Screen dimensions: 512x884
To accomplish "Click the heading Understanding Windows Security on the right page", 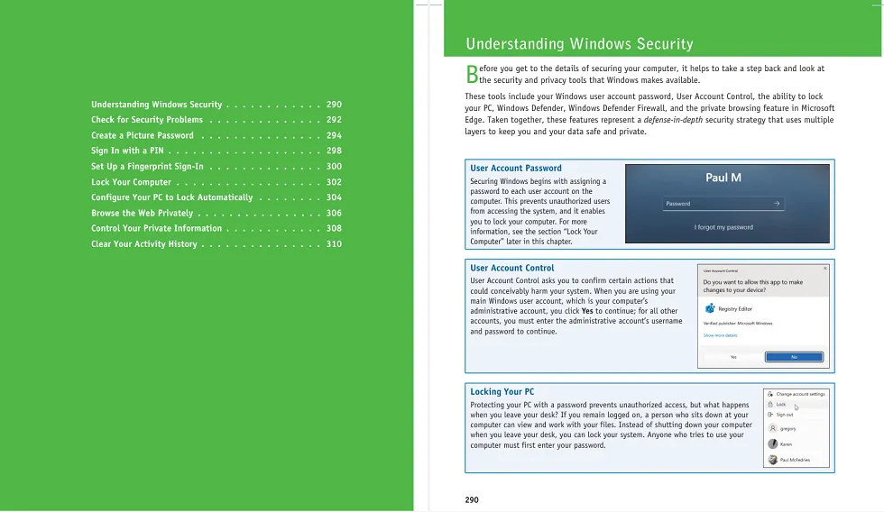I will (579, 43).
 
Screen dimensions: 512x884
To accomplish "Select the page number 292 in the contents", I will (334, 120).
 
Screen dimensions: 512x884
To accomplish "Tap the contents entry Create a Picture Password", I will (143, 135).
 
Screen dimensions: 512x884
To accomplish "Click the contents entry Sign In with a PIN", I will (127, 151).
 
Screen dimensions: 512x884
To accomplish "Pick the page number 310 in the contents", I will (334, 244).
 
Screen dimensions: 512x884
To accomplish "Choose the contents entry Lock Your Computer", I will (131, 182).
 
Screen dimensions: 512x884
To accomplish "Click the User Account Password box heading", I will (516, 168).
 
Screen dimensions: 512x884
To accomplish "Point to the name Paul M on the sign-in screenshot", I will (723, 178).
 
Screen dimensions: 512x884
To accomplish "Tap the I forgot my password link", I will (723, 227).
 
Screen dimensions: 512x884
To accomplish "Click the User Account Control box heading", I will (512, 268).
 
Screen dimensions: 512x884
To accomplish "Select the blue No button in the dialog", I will (794, 357).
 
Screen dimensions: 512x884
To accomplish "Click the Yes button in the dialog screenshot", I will (733, 357).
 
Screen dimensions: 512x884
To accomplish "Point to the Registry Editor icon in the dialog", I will (710, 308).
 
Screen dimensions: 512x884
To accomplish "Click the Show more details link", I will (720, 335).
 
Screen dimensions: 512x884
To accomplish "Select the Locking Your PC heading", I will (502, 392).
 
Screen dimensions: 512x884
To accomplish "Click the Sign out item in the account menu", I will (785, 415).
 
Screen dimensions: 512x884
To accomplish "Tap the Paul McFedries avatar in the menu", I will (773, 460).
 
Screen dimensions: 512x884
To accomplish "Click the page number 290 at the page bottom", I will (472, 499).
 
